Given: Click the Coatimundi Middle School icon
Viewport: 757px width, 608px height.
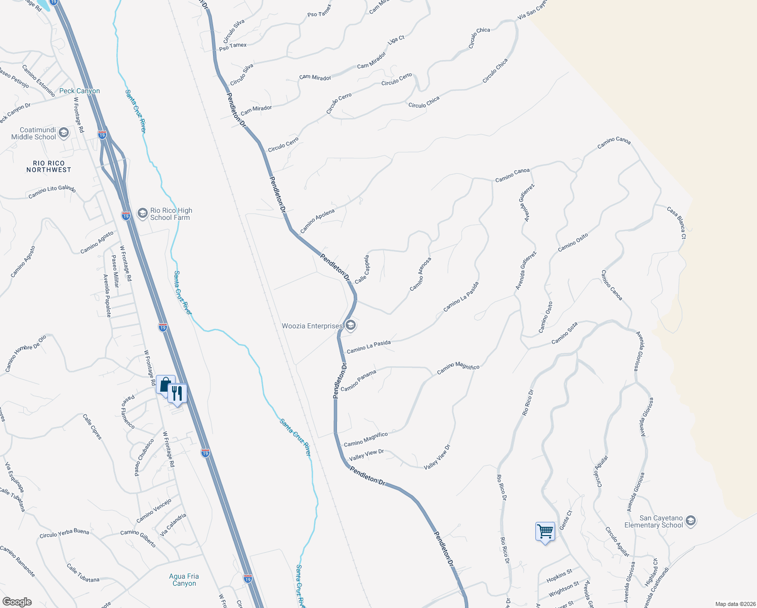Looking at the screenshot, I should click(x=64, y=133).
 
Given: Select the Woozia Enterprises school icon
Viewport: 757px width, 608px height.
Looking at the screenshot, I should click(x=351, y=326).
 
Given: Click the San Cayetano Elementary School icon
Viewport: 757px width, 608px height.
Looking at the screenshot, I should click(x=690, y=521).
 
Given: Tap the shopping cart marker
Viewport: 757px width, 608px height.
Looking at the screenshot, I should click(x=545, y=532).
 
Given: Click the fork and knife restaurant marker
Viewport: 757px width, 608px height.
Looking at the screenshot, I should click(x=177, y=393).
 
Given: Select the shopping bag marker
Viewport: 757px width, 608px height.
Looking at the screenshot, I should click(x=164, y=386).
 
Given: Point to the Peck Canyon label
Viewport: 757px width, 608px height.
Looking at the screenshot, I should click(x=79, y=91).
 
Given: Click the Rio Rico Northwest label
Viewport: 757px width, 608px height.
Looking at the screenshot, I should click(x=49, y=167).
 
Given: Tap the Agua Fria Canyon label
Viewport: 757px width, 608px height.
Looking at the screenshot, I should click(x=184, y=580).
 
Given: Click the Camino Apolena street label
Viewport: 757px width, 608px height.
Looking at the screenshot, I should click(x=317, y=221).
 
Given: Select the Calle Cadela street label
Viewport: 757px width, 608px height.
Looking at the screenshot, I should click(x=362, y=270).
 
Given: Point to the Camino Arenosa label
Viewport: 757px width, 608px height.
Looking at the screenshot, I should click(x=420, y=274).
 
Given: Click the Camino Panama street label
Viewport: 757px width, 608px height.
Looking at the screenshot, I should click(x=358, y=381).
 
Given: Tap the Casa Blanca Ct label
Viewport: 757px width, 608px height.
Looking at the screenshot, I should click(x=677, y=222).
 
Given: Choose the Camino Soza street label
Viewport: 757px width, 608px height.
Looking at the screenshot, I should click(x=564, y=333).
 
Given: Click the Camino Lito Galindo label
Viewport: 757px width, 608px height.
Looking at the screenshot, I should click(x=52, y=192).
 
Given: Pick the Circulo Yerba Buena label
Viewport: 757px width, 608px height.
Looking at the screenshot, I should click(x=64, y=534).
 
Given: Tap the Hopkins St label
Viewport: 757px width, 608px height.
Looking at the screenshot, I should click(x=560, y=576).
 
